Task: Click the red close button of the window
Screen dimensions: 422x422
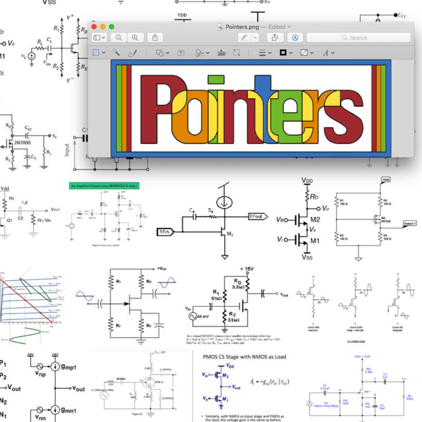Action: click(93, 27)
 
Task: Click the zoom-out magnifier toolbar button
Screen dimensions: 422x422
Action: click(119, 37)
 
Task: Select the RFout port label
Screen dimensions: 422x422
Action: click(259, 216)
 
